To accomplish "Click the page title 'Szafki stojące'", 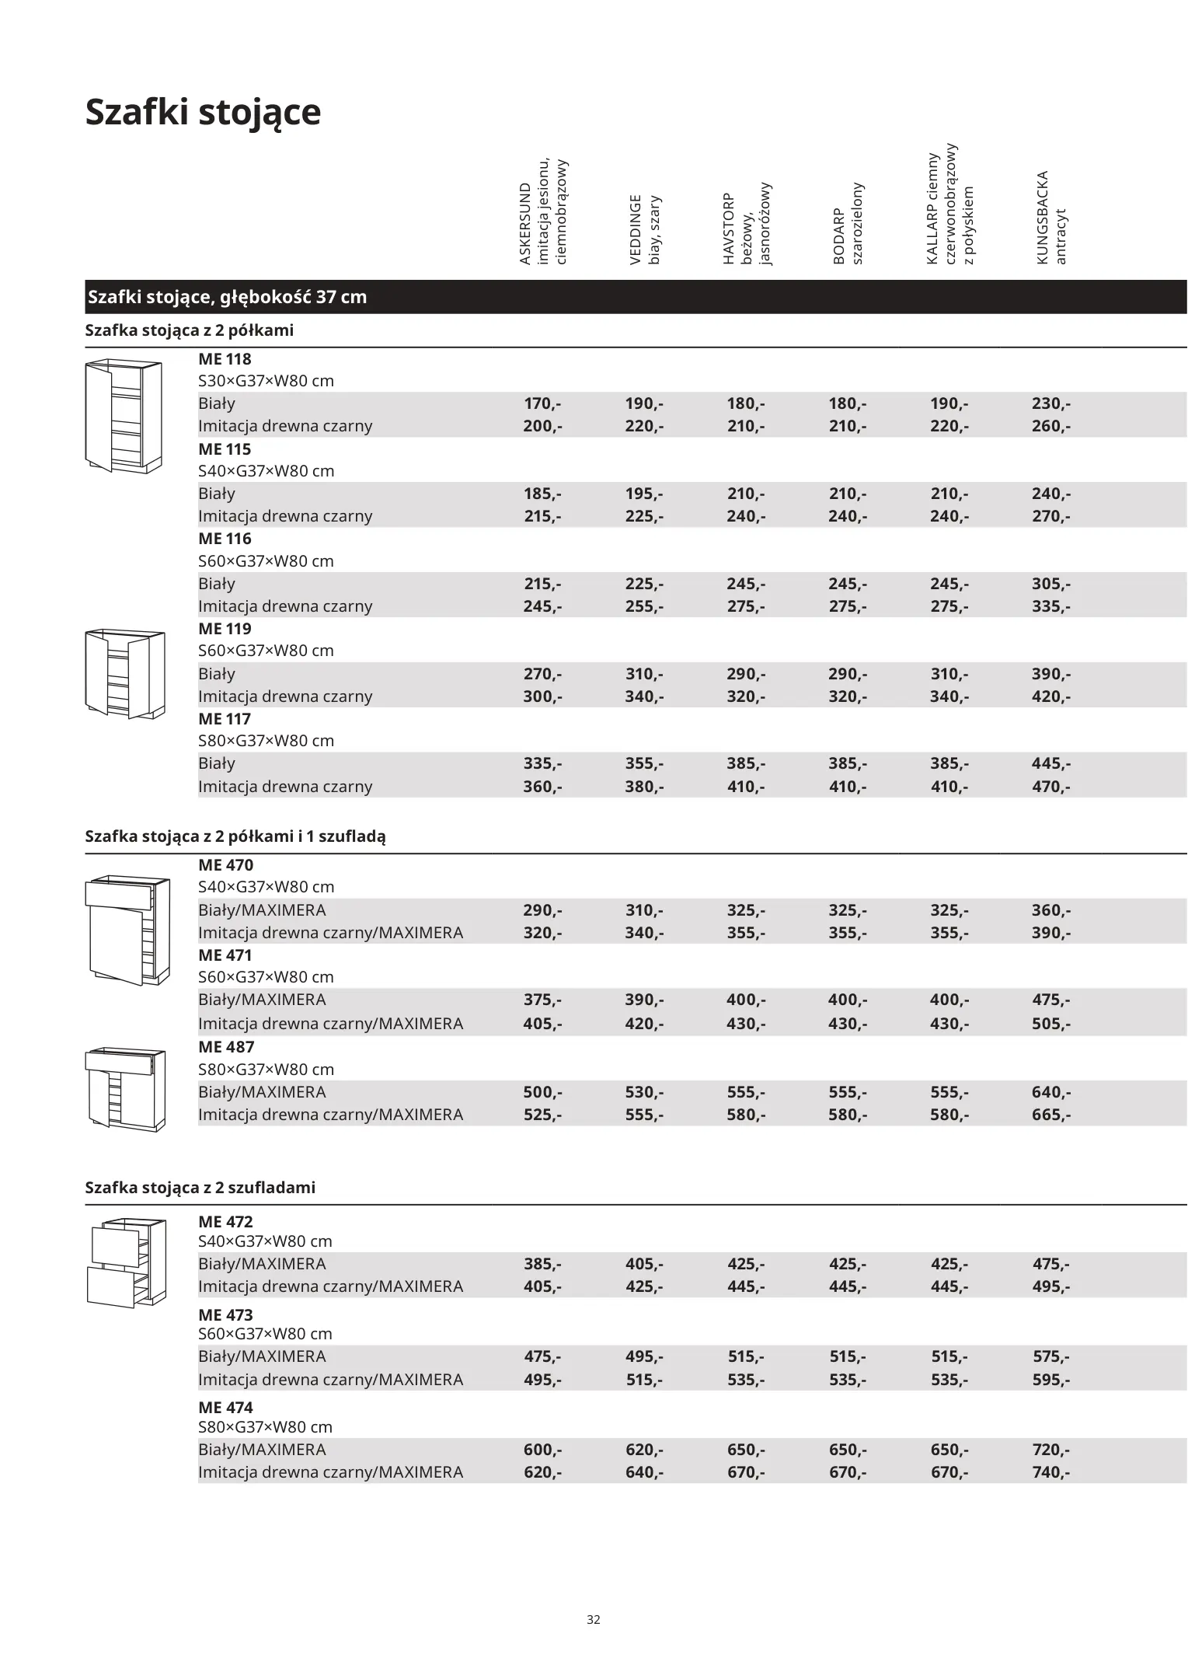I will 203,112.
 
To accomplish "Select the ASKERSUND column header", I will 543,211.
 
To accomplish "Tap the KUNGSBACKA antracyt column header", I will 1051,218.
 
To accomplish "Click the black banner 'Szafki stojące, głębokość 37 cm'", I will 227,297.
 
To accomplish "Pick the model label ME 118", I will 225,359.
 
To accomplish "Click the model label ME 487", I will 226,1047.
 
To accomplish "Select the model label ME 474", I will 225,1408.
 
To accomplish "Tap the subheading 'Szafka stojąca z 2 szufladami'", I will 200,1188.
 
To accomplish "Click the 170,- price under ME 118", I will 542,403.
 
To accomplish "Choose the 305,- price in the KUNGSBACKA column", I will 1051,584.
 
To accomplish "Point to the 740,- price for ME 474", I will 1051,1472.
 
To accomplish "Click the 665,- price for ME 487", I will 1051,1115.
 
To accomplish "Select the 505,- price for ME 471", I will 1051,1024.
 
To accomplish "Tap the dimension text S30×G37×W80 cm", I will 266,381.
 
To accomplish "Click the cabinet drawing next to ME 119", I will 125,673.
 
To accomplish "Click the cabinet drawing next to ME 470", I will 127,929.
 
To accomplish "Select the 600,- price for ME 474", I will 542,1450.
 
